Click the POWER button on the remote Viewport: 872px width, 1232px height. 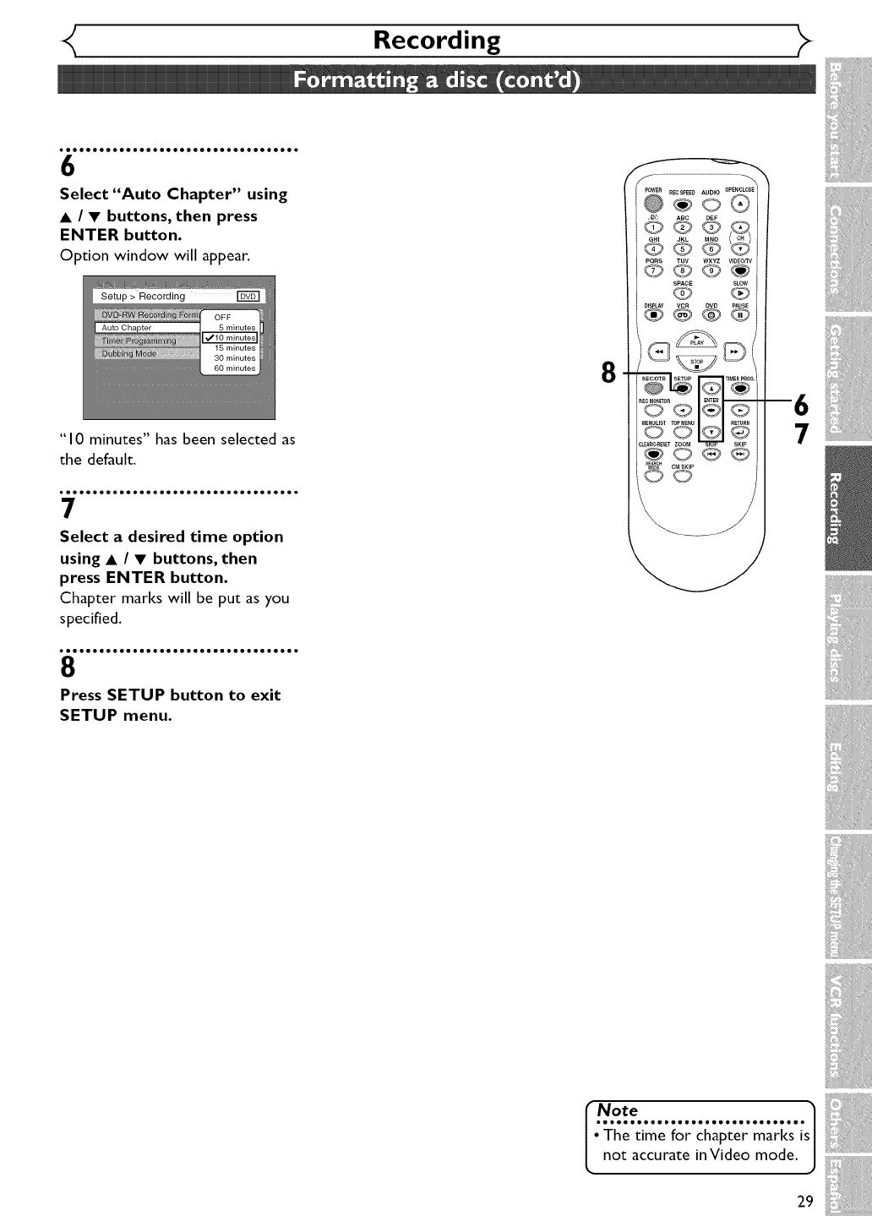tap(652, 203)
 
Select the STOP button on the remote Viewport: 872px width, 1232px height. tap(697, 364)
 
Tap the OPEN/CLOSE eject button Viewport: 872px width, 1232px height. tap(740, 204)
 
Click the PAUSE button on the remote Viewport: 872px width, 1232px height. tap(740, 316)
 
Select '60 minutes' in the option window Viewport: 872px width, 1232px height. tap(234, 368)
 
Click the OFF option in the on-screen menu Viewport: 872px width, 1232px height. tap(222, 318)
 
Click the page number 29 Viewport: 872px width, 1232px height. tap(804, 1202)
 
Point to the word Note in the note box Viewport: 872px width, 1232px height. tap(618, 1110)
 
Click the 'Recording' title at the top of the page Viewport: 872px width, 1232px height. tap(437, 41)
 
